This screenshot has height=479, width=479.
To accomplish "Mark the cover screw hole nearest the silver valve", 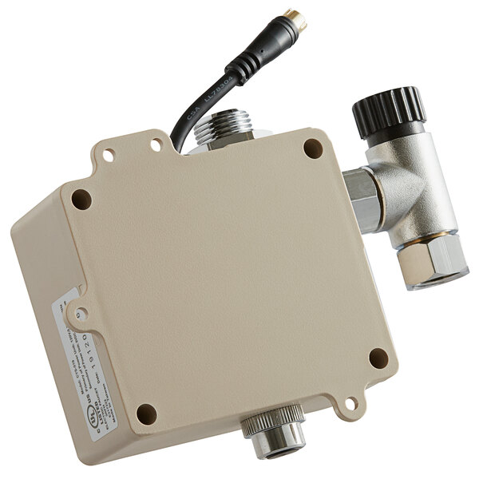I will (x=314, y=148).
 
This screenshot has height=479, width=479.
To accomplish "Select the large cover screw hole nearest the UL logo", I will (x=146, y=414).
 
